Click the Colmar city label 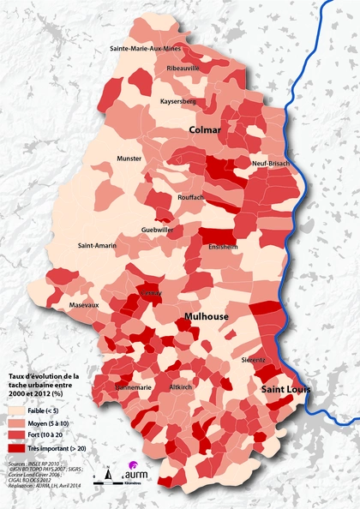(x=205, y=129)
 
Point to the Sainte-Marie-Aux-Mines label (x=146, y=49)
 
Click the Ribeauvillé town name (x=183, y=67)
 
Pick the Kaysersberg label (x=179, y=101)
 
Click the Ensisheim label (x=225, y=246)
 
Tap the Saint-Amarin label (x=97, y=246)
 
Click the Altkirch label (x=181, y=387)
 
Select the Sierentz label (x=255, y=359)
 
